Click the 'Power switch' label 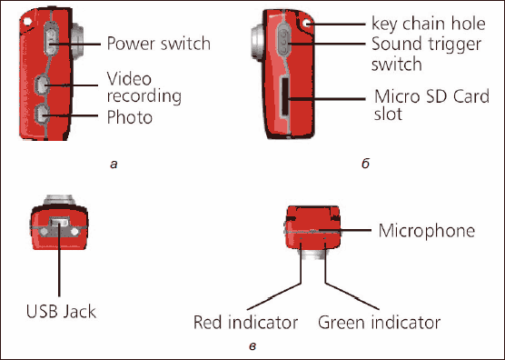point(158,44)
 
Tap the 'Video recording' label point(144,87)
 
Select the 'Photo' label point(130,116)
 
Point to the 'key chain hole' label point(429,24)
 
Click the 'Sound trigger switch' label point(426,54)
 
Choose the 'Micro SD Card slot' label point(431,105)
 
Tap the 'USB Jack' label point(61,311)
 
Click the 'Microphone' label point(426,231)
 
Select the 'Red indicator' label point(245,323)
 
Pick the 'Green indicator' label point(379,323)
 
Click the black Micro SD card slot point(285,96)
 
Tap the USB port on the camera point(60,222)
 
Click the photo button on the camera point(42,115)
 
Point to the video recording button point(42,85)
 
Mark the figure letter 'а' point(114,165)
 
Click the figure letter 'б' point(365,164)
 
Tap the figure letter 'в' point(252,346)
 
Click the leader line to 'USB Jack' point(59,258)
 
